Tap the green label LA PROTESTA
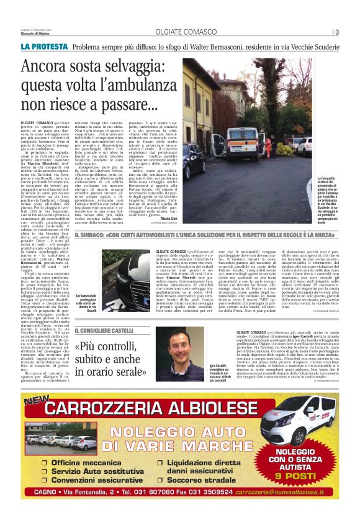(x=44, y=47)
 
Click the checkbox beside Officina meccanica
(x=45, y=463)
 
